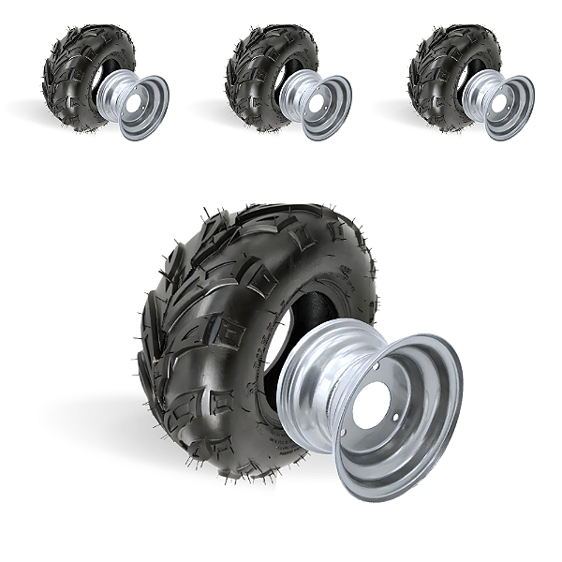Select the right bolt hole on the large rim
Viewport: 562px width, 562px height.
[407, 418]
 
